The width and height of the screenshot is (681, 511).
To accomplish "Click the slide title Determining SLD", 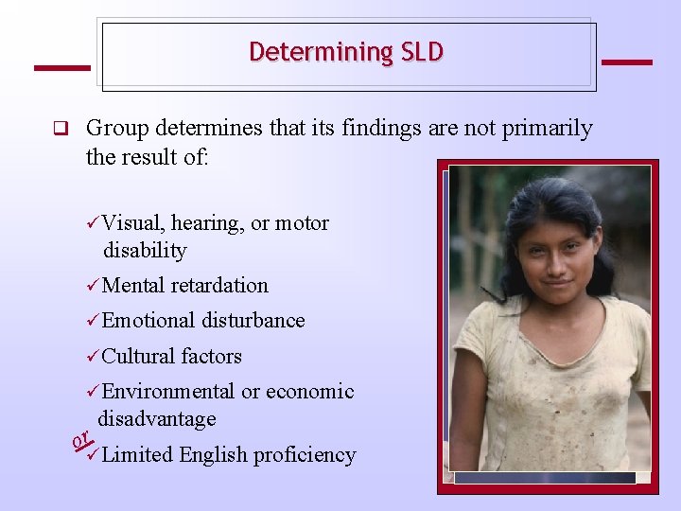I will (346, 52).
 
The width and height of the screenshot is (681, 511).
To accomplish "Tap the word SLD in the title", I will (421, 52).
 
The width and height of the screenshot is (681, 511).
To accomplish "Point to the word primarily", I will (546, 129).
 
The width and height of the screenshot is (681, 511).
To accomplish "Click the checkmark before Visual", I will (93, 223).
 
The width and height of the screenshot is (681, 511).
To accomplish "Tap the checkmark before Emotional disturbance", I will (93, 321).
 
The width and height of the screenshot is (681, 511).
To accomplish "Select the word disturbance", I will (253, 321).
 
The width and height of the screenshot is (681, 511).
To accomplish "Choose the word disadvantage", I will (157, 418).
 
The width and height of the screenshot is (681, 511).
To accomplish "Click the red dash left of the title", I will (61, 67).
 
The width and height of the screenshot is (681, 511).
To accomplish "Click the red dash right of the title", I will (626, 62).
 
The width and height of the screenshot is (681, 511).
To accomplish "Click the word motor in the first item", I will (302, 223).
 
